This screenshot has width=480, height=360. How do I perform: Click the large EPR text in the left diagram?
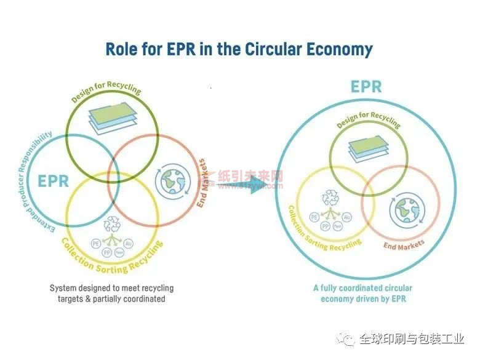[x=53, y=182]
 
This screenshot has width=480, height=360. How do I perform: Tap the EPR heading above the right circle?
[x=366, y=86]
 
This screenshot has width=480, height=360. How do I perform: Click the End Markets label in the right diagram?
[x=404, y=245]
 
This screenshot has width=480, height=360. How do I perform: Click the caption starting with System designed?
[x=111, y=293]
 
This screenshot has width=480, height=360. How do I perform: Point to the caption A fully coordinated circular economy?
[x=362, y=293]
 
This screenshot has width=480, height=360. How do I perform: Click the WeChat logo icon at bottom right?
[x=348, y=338]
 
